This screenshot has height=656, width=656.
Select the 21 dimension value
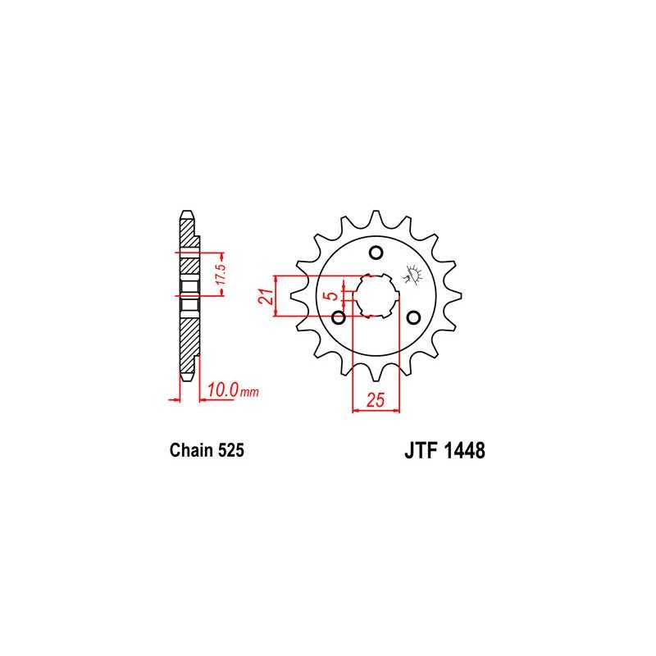pyautogui.click(x=266, y=296)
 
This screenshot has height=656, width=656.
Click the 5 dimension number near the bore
pyautogui.click(x=328, y=297)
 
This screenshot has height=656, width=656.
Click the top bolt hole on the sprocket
pyautogui.click(x=376, y=252)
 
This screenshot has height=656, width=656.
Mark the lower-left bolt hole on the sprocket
pyautogui.click(x=338, y=317)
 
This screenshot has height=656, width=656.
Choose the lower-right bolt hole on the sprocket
pyautogui.click(x=413, y=317)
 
